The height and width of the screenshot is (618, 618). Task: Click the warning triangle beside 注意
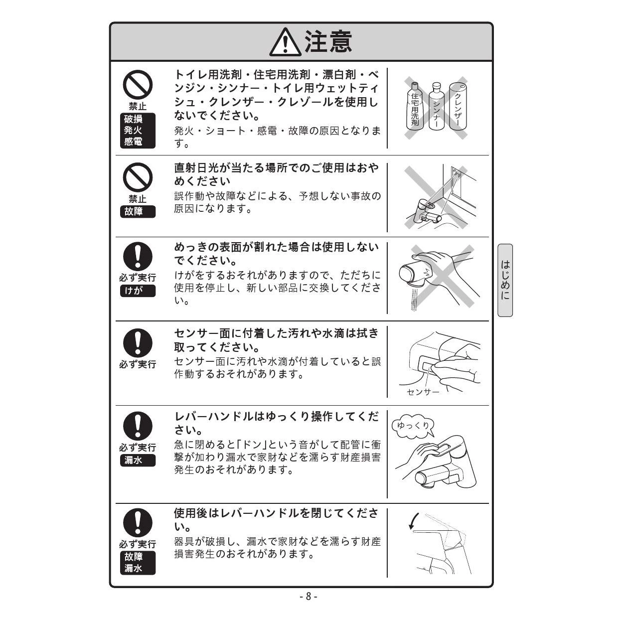point(285,43)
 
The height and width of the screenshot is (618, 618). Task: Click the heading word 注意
point(328,42)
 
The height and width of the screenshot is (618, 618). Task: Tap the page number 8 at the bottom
point(309,597)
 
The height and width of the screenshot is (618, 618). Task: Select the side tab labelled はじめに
point(505,280)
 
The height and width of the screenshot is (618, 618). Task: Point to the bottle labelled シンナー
point(436,107)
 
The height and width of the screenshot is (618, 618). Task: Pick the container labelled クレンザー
point(459,107)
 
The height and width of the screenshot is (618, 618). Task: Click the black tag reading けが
point(138,291)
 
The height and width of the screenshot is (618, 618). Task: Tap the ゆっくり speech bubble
point(413,426)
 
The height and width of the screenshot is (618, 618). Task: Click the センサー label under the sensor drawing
point(423,392)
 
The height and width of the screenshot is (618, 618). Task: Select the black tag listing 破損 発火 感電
point(138,131)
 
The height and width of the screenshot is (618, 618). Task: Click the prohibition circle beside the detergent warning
point(138,85)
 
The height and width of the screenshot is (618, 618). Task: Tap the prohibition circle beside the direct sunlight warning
point(138,177)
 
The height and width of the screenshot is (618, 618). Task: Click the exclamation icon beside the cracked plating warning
point(138,257)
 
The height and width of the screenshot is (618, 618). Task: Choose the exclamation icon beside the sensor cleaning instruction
point(138,343)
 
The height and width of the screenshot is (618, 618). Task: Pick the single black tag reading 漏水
point(138,460)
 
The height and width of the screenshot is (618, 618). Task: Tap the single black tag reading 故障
point(138,212)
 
